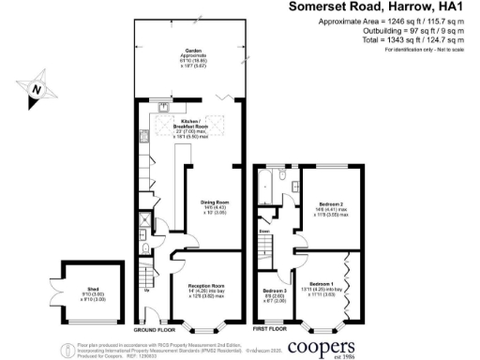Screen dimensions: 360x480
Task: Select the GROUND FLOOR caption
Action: (154, 331)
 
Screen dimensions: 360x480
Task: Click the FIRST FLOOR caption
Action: (271, 331)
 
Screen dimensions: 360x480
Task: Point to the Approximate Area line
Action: (404, 22)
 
